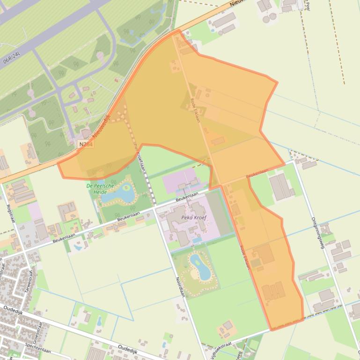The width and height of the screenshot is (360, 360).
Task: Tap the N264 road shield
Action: pyautogui.click(x=87, y=145)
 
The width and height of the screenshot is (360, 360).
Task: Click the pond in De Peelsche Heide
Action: pyautogui.click(x=118, y=193)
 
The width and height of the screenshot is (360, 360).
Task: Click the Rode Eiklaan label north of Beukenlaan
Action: pyautogui.click(x=196, y=110)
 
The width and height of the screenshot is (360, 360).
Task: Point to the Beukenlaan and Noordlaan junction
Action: pyautogui.click(x=155, y=206)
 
